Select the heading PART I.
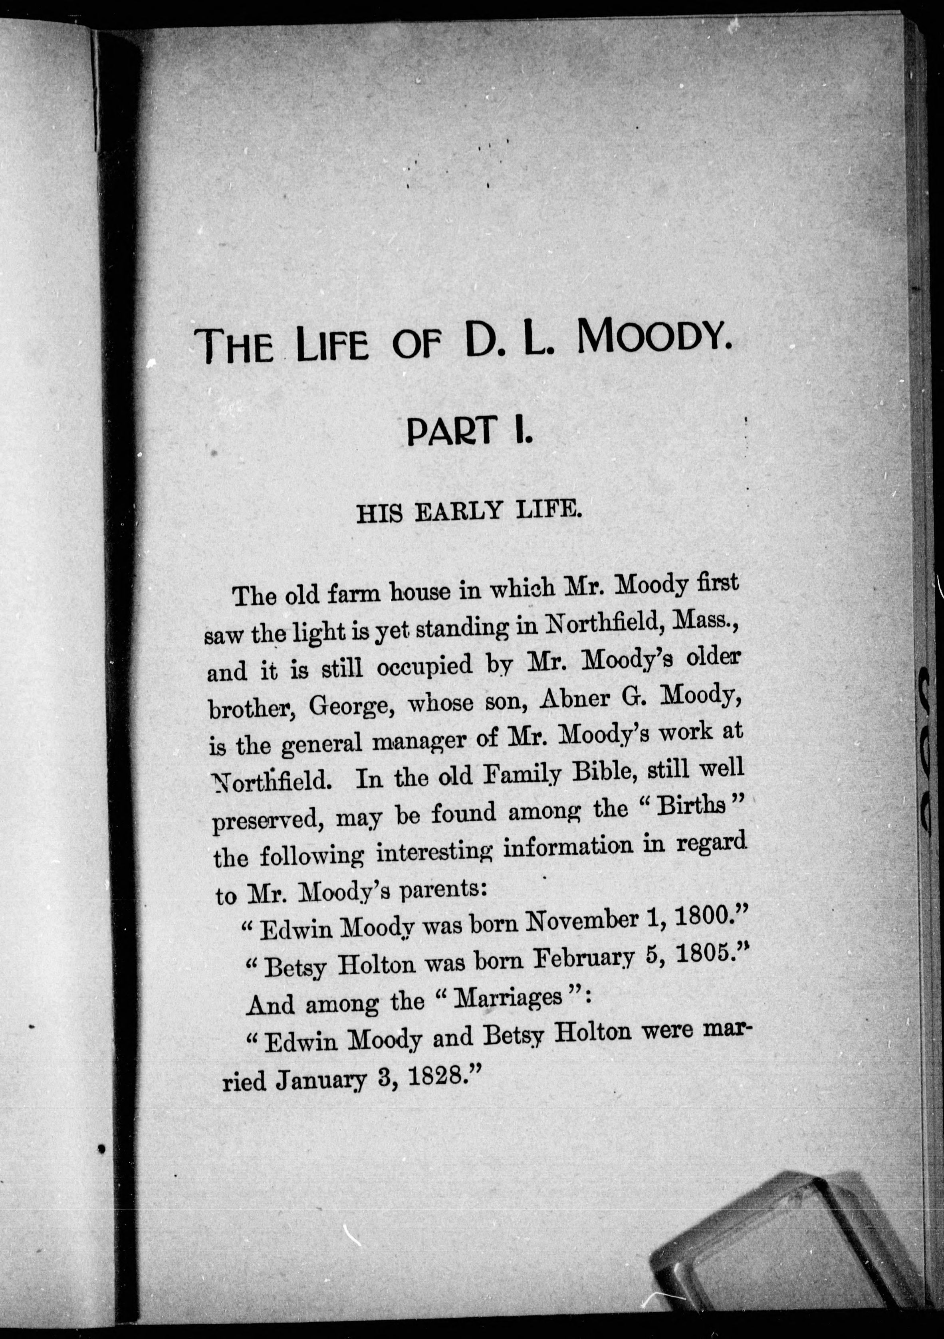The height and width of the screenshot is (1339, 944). (469, 430)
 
